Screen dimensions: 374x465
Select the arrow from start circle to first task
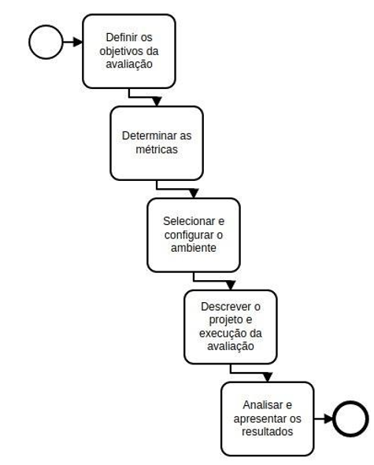coord(72,42)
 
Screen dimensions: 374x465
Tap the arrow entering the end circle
coord(324,419)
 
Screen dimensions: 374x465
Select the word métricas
coord(157,149)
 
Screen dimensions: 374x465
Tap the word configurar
coord(189,235)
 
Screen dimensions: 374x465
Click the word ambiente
coord(194,248)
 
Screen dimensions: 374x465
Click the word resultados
coord(268,432)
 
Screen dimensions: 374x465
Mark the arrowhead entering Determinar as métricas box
coord(157,101)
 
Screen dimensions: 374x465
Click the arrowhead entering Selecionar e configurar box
coord(194,194)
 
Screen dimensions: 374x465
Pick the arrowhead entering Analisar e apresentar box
coord(268,377)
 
